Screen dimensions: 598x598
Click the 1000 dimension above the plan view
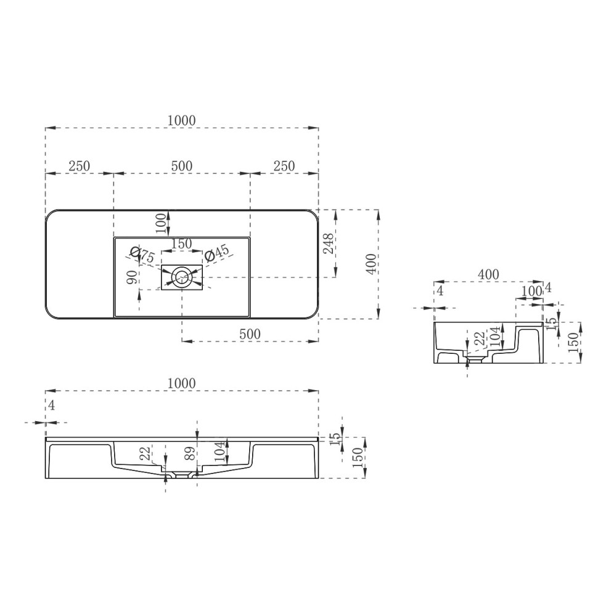[x=182, y=121]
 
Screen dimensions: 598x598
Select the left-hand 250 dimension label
[x=80, y=166]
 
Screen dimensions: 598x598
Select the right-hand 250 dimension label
[x=284, y=166]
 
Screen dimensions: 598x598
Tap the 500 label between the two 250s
[x=182, y=166]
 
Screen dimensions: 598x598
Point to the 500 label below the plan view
[x=250, y=334]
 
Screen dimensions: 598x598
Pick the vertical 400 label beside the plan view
[x=371, y=265]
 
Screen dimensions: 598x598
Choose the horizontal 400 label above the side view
[x=488, y=274]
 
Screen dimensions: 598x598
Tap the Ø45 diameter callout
[x=216, y=253]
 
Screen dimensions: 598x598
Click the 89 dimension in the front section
[x=190, y=454]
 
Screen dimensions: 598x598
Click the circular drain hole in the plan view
[x=182, y=277]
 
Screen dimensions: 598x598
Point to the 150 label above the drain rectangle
[x=182, y=244]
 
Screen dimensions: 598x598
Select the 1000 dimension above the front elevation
[x=182, y=383]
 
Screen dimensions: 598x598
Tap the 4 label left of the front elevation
[x=52, y=405]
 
